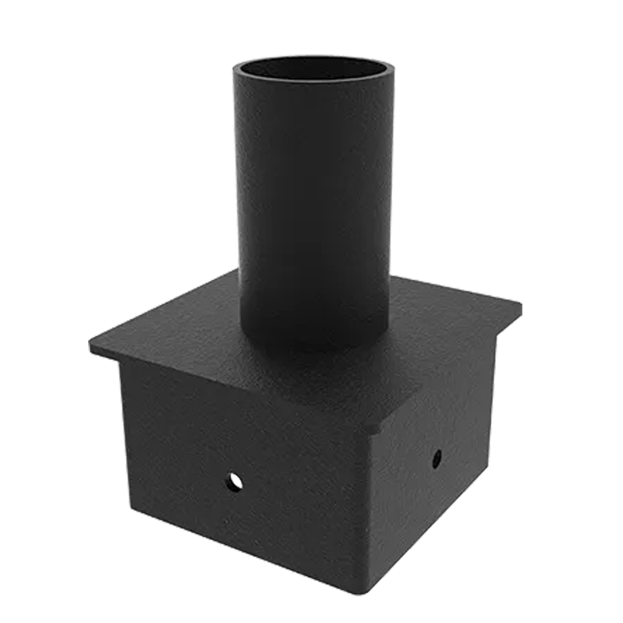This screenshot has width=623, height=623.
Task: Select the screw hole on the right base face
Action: [437, 459]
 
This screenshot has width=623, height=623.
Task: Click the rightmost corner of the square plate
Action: [521, 303]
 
